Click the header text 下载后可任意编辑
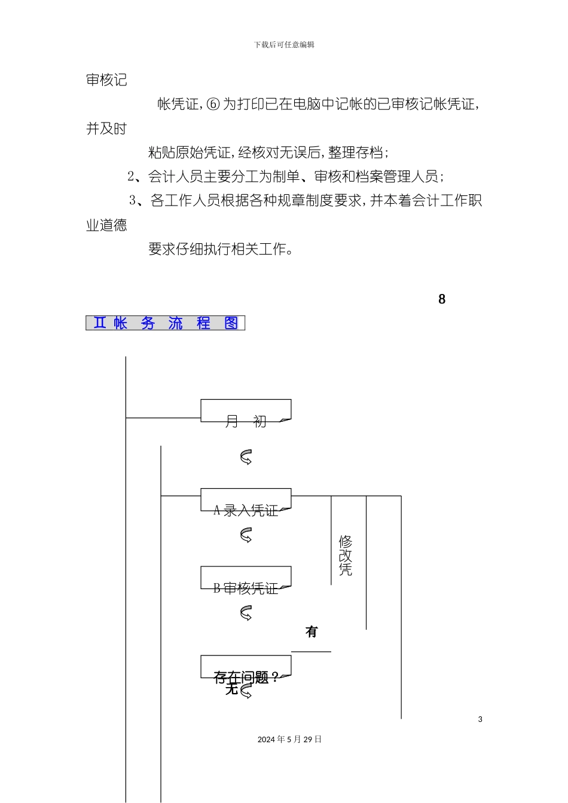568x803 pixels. pos(284,45)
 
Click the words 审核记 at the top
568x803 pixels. pos(106,80)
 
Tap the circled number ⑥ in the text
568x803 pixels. pos(213,105)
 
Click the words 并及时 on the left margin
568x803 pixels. pos(106,128)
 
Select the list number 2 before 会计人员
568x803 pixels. pos(131,177)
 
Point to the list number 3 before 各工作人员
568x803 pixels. pos(133,201)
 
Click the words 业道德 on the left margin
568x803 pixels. pos(106,225)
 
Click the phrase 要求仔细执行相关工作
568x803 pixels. pos(220,249)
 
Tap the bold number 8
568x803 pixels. pos(442,299)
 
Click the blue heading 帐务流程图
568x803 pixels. pos(166,323)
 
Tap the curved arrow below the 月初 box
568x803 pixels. pos(246,458)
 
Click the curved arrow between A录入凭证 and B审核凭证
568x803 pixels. pos(246,535)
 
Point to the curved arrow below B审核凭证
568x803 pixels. pos(246,613)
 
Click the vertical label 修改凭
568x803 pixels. pos(346,556)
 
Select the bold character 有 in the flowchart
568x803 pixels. pos(312,632)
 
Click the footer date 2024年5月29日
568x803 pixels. pos(289,740)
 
